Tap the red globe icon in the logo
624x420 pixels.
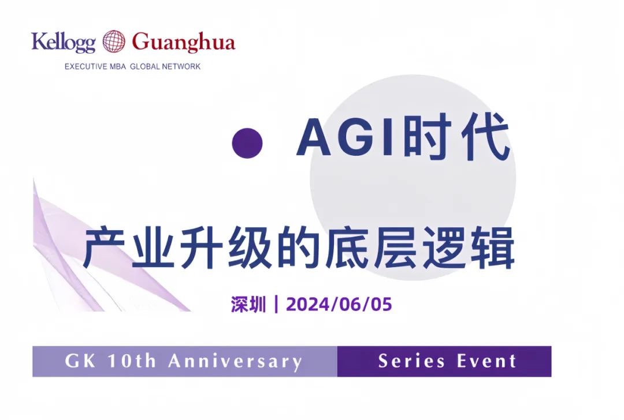pos(114,42)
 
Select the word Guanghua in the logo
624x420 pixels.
pos(184,43)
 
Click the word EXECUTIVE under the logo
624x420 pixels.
pos(86,66)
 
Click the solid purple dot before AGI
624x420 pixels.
pos(247,142)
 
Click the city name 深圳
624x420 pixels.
pos(248,304)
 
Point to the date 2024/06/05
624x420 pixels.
pos(339,304)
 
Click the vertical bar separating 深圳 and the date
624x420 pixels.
pos(277,304)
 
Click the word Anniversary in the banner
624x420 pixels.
pos(235,362)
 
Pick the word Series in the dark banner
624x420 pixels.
pos(412,362)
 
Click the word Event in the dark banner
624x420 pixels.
pos(486,362)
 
